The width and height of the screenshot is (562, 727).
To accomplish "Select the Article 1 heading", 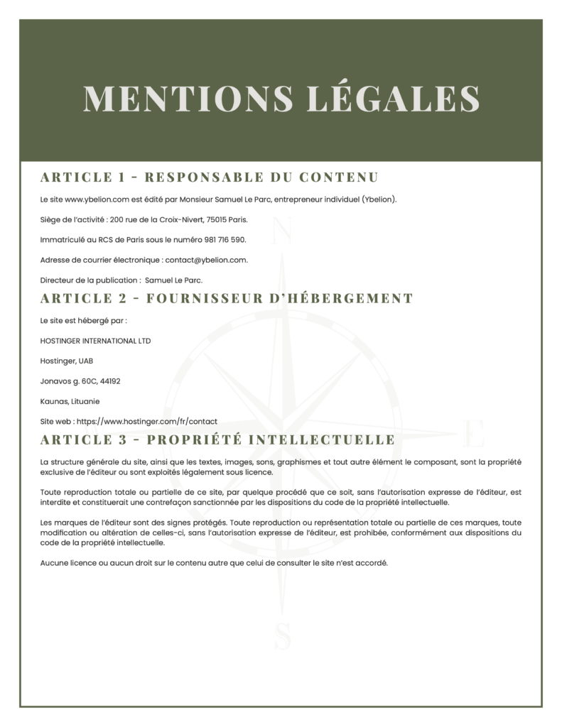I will [x=209, y=177].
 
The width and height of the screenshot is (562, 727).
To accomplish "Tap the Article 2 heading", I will [x=227, y=298].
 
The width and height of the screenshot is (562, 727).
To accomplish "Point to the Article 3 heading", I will [x=217, y=439].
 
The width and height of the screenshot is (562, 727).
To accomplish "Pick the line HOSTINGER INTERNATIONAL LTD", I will [x=95, y=341].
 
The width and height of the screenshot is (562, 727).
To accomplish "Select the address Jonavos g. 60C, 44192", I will [x=80, y=381].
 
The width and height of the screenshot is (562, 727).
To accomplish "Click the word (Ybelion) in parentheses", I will [x=379, y=199].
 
